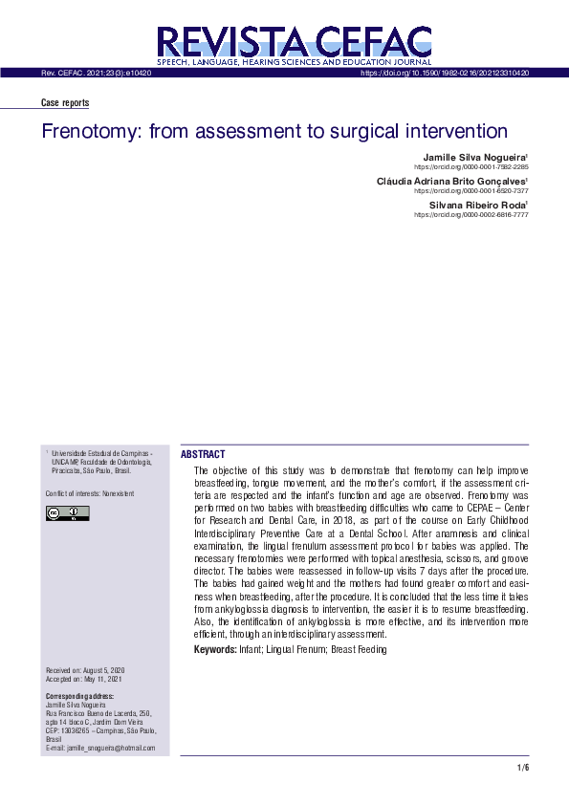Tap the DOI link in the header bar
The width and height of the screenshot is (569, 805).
(x=445, y=73)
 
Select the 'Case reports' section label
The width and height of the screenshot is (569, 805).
(x=65, y=103)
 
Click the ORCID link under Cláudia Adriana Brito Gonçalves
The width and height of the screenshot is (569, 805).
(x=471, y=190)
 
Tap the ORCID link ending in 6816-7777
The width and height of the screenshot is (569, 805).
(x=471, y=215)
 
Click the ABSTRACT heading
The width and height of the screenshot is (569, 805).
(x=203, y=455)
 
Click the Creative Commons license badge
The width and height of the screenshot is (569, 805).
(x=67, y=514)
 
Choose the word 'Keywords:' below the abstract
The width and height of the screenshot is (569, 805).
(x=215, y=650)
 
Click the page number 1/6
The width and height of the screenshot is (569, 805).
(x=522, y=768)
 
